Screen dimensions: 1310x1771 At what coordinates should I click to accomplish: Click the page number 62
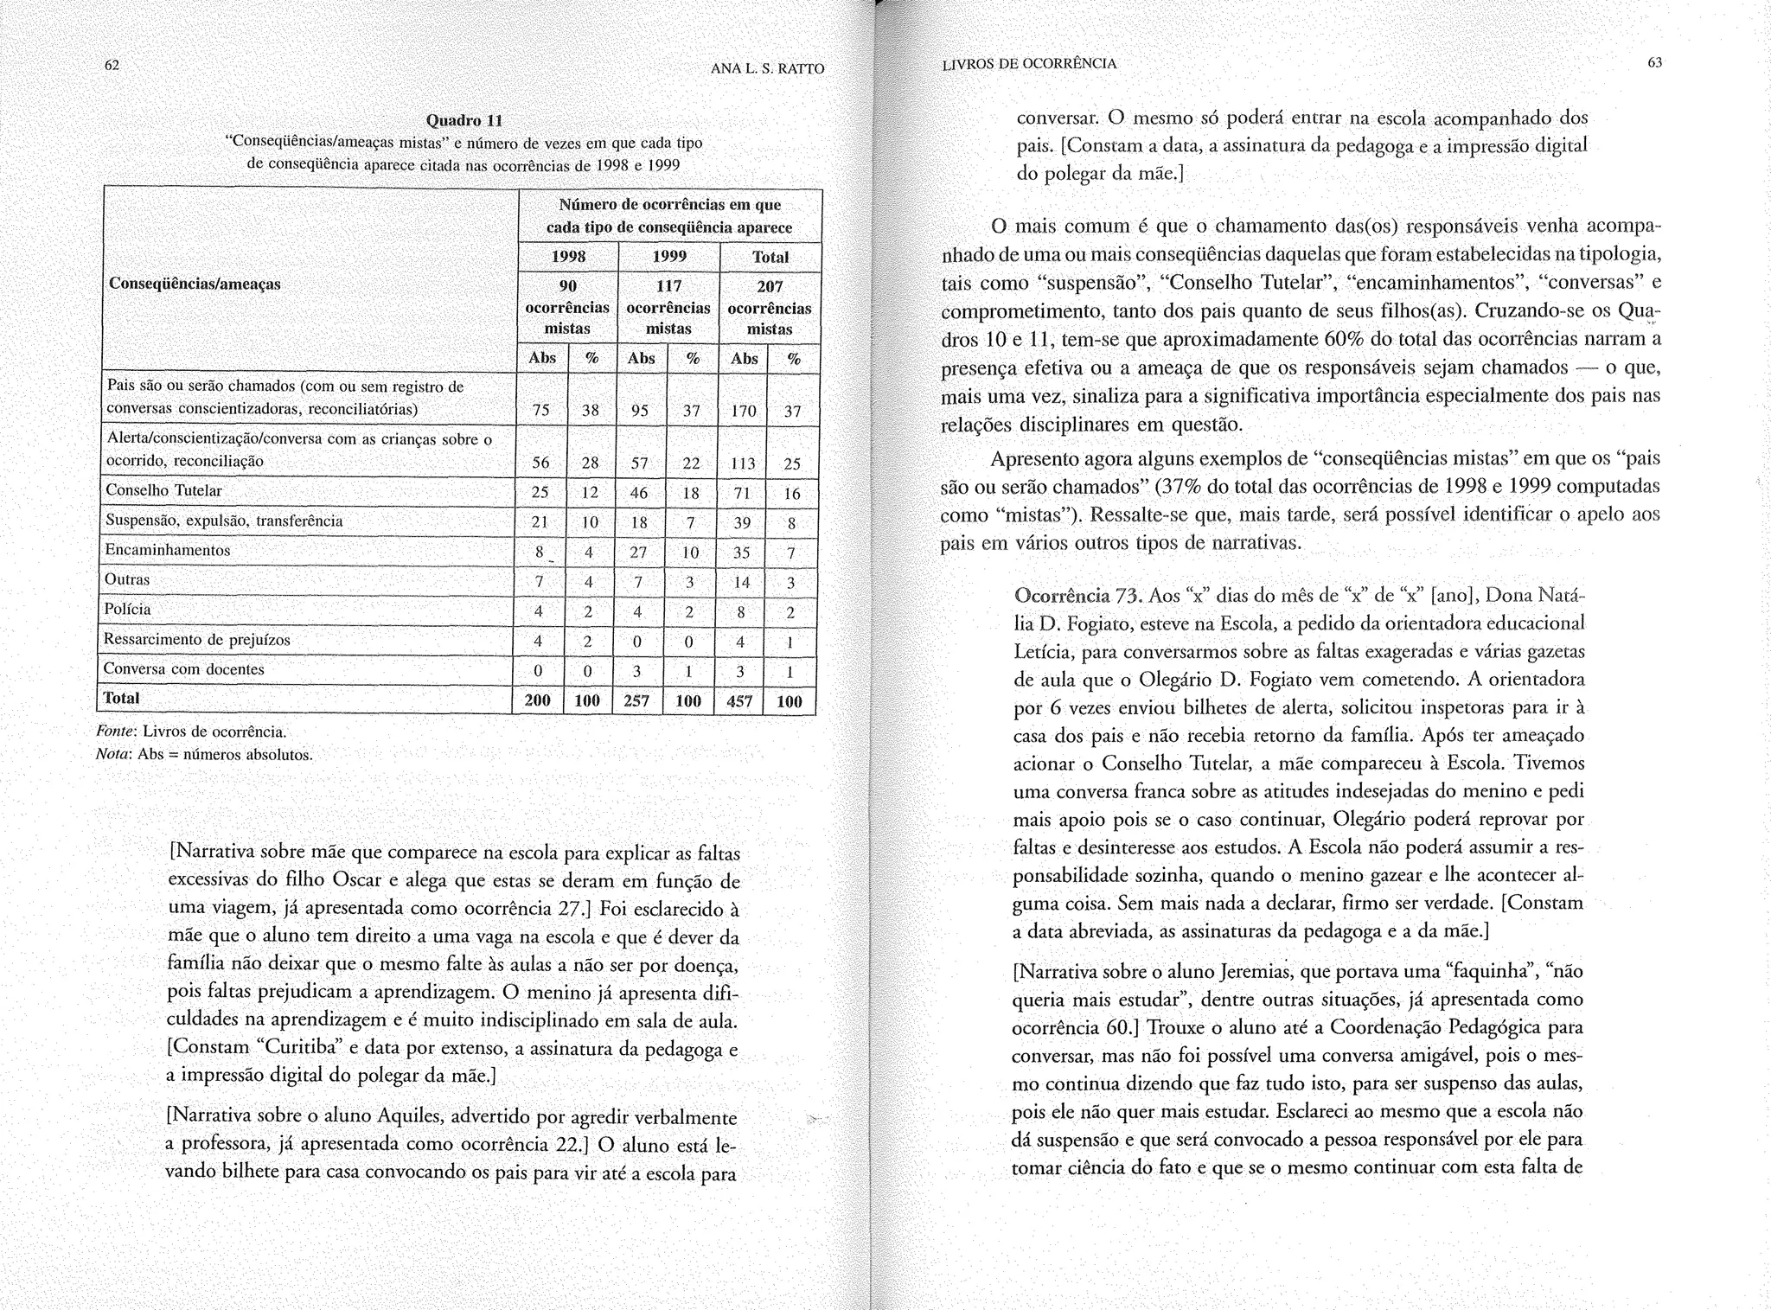coord(112,66)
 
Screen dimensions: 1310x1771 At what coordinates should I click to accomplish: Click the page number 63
coord(1655,62)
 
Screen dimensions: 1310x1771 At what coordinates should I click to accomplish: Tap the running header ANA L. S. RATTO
coord(768,69)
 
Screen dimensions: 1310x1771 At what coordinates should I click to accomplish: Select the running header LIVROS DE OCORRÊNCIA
coord(1029,64)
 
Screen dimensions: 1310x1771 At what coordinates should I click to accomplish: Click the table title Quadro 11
coord(464,120)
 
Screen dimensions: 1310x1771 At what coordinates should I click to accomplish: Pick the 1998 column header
coord(568,257)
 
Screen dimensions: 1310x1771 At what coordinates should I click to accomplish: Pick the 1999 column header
coord(669,257)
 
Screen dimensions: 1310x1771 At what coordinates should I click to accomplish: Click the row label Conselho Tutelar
coord(163,491)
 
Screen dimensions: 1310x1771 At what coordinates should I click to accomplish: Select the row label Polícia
coord(127,610)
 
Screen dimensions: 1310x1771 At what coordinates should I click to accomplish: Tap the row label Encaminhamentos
coord(168,550)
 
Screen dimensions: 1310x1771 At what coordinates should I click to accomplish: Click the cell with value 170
coord(743,412)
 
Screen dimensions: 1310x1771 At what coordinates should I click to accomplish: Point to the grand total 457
coord(739,701)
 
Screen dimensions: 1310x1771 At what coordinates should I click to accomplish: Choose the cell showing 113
coord(742,464)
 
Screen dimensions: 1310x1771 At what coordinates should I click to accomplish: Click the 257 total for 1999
coord(636,701)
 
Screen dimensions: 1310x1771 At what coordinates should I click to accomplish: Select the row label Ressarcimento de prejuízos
coord(196,640)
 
